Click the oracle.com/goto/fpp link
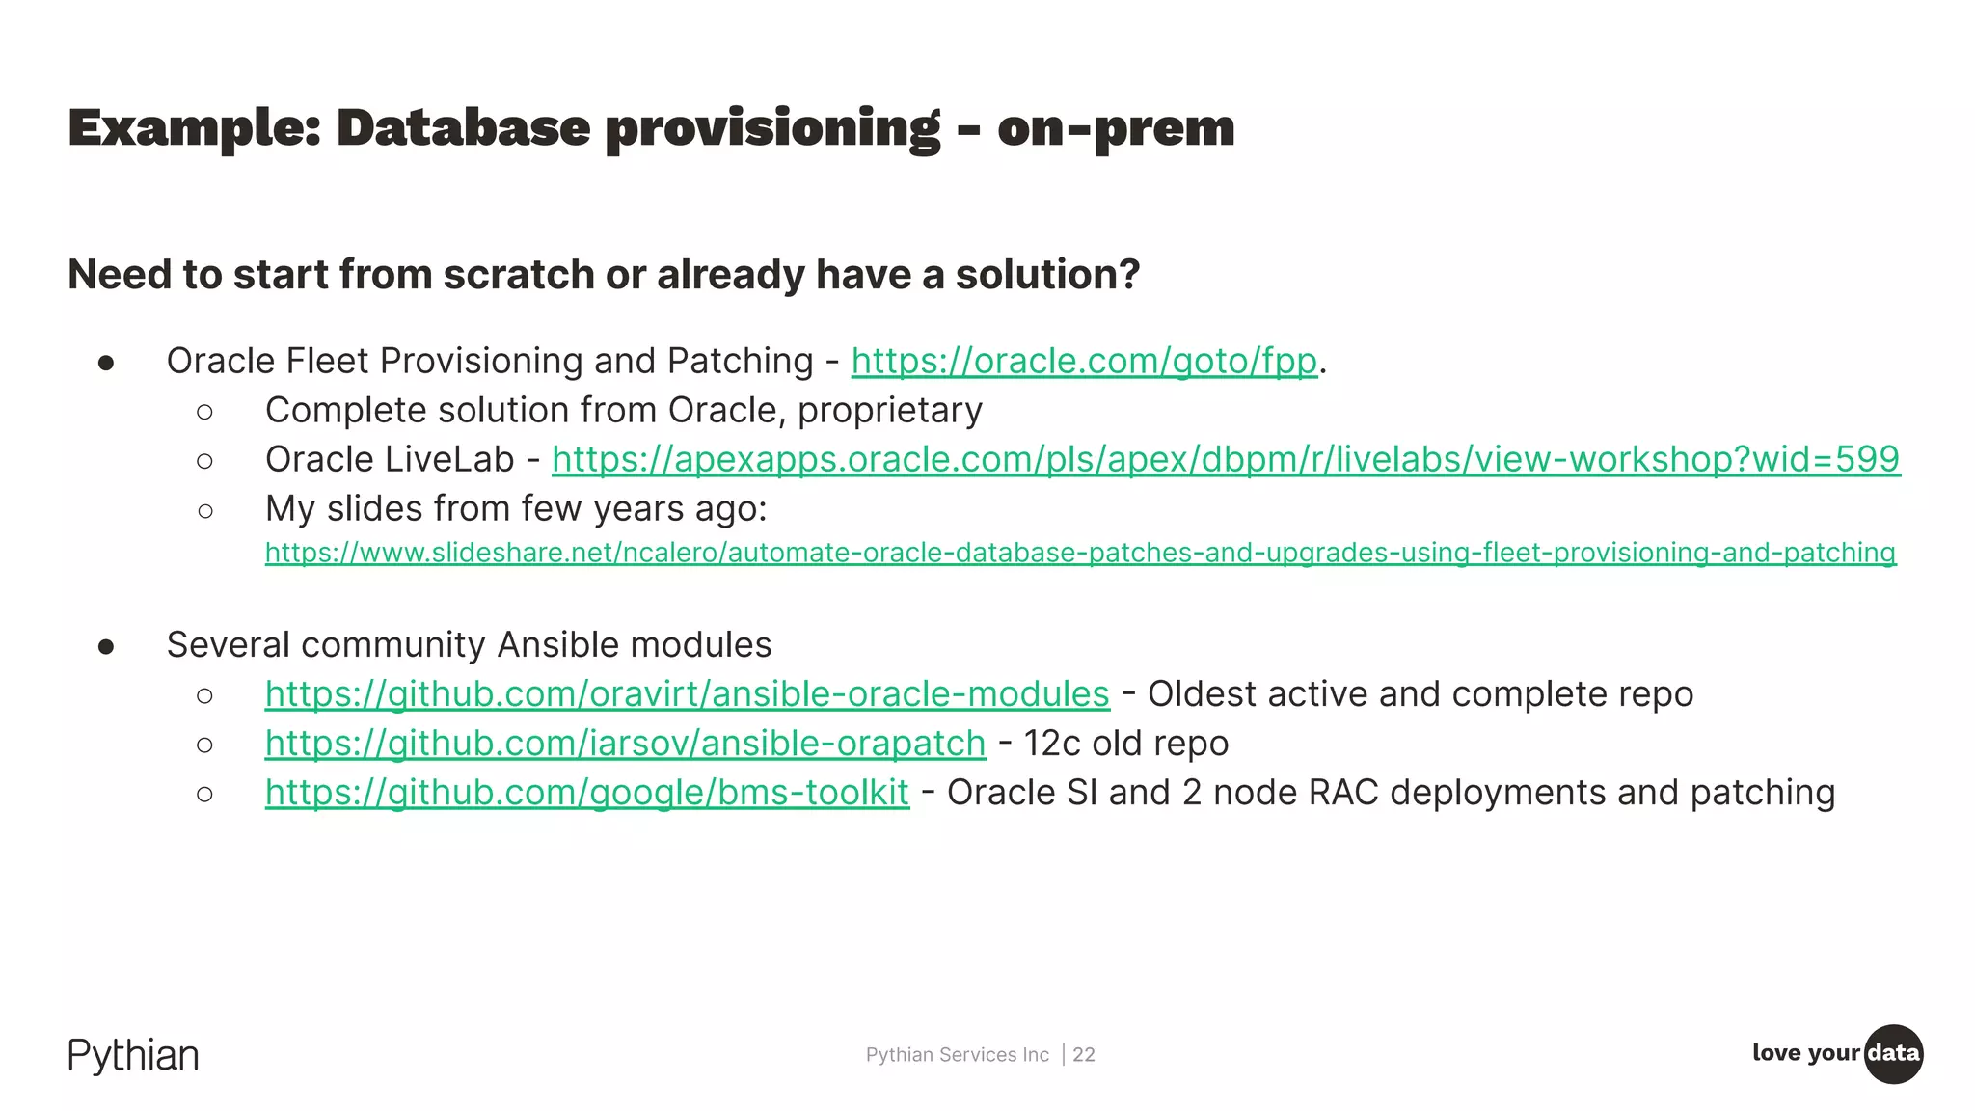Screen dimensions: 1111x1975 coord(1083,362)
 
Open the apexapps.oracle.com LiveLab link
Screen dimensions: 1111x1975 coord(1225,460)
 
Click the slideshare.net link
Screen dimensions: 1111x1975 coord(1080,553)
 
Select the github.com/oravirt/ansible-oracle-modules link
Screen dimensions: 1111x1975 coord(687,694)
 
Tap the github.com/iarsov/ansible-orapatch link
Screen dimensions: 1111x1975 coord(625,744)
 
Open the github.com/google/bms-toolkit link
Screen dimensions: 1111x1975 coord(586,793)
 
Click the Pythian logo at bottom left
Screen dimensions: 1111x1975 coord(133,1056)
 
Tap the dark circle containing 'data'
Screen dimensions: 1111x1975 coord(1893,1053)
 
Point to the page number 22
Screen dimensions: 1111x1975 coord(1084,1055)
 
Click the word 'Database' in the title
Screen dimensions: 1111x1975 coord(463,128)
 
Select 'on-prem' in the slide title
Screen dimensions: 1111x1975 coord(1116,128)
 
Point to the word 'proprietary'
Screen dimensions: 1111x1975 coord(889,411)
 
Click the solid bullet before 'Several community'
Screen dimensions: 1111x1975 coord(106,646)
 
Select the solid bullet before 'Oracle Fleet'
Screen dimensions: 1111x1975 coord(106,363)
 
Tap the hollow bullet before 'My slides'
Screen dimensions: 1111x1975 coord(204,510)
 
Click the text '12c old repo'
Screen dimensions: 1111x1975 coord(1125,744)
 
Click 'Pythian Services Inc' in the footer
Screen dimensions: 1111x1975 coord(957,1055)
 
